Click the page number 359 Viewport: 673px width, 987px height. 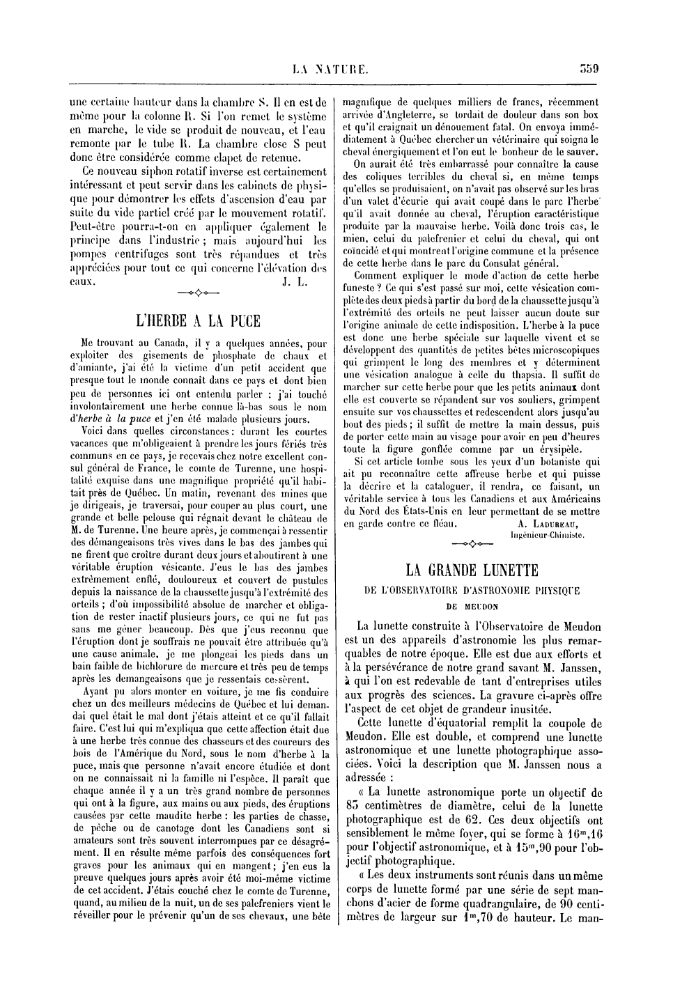pyautogui.click(x=589, y=68)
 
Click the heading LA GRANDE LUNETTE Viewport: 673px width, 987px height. pyautogui.click(x=472, y=570)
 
